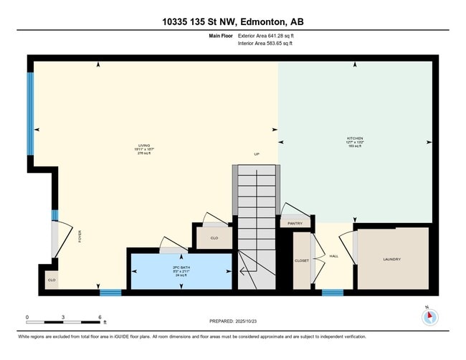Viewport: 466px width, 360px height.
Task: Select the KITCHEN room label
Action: (355, 138)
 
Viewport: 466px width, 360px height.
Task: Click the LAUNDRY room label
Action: (391, 259)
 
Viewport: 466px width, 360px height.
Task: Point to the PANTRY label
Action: (295, 224)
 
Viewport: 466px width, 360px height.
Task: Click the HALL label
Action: (333, 255)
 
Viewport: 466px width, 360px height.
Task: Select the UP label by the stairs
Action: (256, 153)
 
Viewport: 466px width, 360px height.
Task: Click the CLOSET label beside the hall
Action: (302, 260)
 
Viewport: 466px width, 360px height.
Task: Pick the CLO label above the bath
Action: (214, 237)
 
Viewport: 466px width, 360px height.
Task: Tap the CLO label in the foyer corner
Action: (51, 280)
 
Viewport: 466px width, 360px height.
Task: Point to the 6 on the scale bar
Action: (99, 316)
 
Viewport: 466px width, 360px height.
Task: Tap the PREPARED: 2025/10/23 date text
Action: (234, 321)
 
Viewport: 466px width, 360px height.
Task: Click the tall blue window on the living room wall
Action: (30, 114)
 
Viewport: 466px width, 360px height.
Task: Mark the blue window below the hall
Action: (333, 292)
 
